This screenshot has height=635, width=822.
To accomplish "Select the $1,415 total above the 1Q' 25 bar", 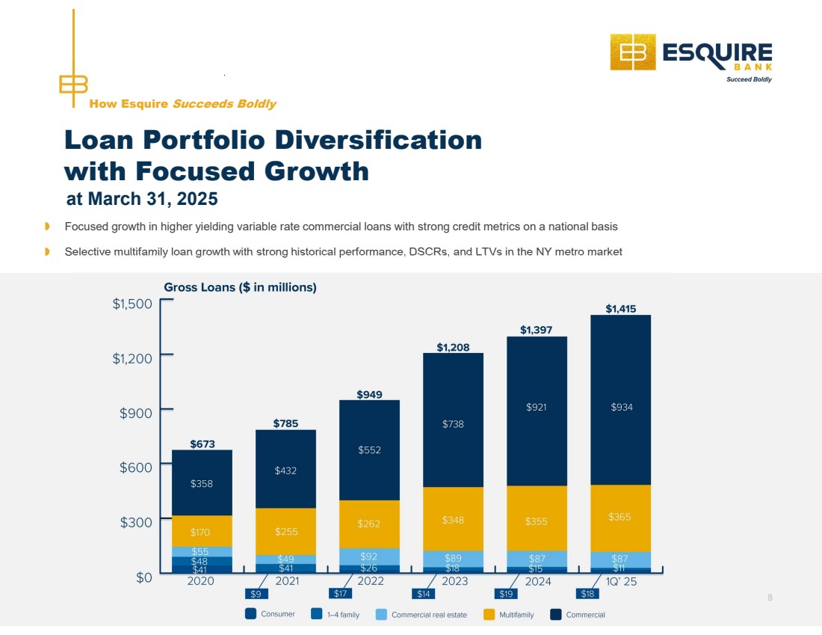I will (x=621, y=308).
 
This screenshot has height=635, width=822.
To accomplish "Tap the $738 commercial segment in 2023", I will (x=453, y=424).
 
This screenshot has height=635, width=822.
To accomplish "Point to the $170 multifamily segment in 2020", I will (x=202, y=533).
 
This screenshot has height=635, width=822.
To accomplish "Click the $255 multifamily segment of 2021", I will (x=285, y=532).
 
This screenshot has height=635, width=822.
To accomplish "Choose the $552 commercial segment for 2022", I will (x=369, y=450).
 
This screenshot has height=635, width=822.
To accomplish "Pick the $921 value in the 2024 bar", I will (x=537, y=408).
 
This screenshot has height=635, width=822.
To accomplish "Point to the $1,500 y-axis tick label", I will (x=132, y=304).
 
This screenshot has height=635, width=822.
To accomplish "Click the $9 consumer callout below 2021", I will (x=256, y=595).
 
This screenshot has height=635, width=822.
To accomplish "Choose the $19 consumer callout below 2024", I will (x=506, y=595).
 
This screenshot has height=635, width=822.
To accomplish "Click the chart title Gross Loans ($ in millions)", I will (x=240, y=288).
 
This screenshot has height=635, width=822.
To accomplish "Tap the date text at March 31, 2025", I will (x=142, y=199).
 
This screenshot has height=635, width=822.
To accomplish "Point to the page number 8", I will (x=770, y=597).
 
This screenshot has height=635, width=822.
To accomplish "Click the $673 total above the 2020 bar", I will (x=202, y=444).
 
